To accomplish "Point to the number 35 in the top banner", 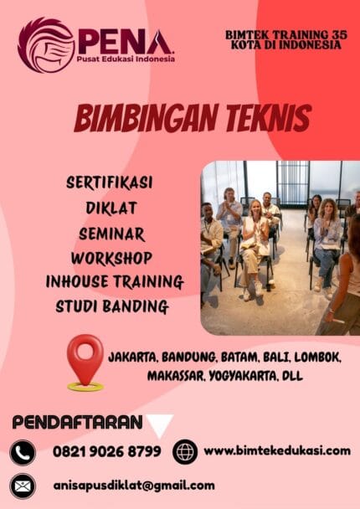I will [332, 34].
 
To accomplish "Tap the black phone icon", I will [23, 453].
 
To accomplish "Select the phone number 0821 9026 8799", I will [105, 452].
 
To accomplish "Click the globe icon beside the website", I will [185, 452].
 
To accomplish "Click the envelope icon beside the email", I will [23, 486].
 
